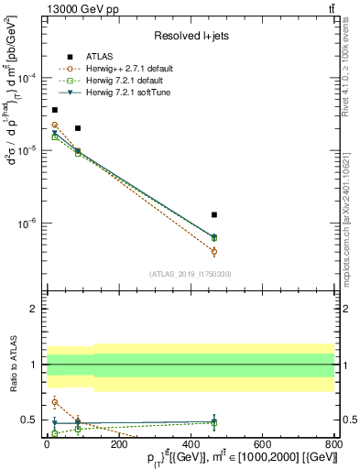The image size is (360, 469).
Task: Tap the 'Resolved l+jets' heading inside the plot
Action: (x=190, y=36)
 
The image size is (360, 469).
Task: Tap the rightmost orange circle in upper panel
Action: (x=214, y=251)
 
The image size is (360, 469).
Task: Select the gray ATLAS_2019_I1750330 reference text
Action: (x=190, y=273)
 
